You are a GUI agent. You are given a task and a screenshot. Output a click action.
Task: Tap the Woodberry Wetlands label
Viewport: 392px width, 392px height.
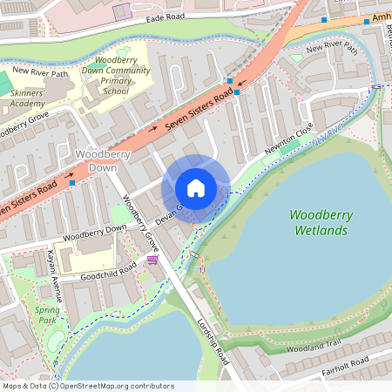319,222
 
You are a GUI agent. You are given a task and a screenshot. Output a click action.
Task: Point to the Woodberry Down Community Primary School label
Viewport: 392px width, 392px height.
117,76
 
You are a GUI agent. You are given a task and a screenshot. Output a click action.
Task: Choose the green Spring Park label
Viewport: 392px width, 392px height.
46,315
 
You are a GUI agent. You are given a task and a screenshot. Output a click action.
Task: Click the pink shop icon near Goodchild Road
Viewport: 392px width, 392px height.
153,260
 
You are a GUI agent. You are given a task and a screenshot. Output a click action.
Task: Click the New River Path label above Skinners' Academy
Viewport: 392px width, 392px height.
40,74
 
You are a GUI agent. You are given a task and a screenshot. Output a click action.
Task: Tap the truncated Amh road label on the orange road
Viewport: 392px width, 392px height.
380,17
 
